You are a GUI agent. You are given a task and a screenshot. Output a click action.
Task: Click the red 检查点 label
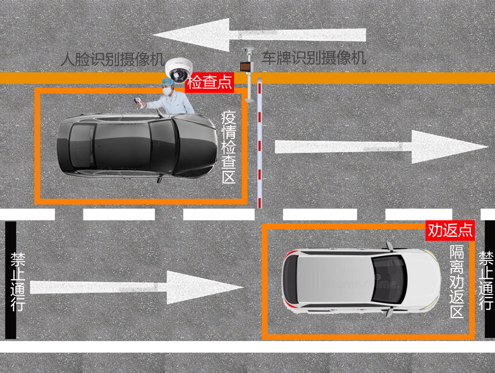(x=209, y=83)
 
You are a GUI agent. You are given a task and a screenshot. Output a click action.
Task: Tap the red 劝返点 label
(x=450, y=231)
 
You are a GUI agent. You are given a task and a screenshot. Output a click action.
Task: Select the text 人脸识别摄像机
(x=112, y=59)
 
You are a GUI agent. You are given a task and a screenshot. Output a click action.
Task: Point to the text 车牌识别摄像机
(x=314, y=58)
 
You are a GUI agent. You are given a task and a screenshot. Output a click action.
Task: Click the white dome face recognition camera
(x=179, y=70)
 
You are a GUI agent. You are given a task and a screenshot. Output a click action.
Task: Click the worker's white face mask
(x=167, y=91)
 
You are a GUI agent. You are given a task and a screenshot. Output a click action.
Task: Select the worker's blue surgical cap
(x=168, y=82)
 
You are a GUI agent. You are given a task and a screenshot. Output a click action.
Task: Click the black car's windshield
(x=162, y=147)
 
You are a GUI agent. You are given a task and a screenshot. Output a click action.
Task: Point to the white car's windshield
(x=388, y=279)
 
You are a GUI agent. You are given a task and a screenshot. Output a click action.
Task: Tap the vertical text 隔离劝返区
(x=457, y=282)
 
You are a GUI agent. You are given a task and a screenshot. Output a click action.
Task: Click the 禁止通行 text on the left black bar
(x=18, y=282)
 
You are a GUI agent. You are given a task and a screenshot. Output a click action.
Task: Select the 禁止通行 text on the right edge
(x=486, y=281)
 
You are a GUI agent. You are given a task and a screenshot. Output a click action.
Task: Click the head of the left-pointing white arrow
(x=191, y=35)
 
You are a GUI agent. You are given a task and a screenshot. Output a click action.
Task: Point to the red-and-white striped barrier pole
(x=259, y=143)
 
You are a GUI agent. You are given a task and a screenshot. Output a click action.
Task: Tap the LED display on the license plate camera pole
(x=245, y=67)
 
